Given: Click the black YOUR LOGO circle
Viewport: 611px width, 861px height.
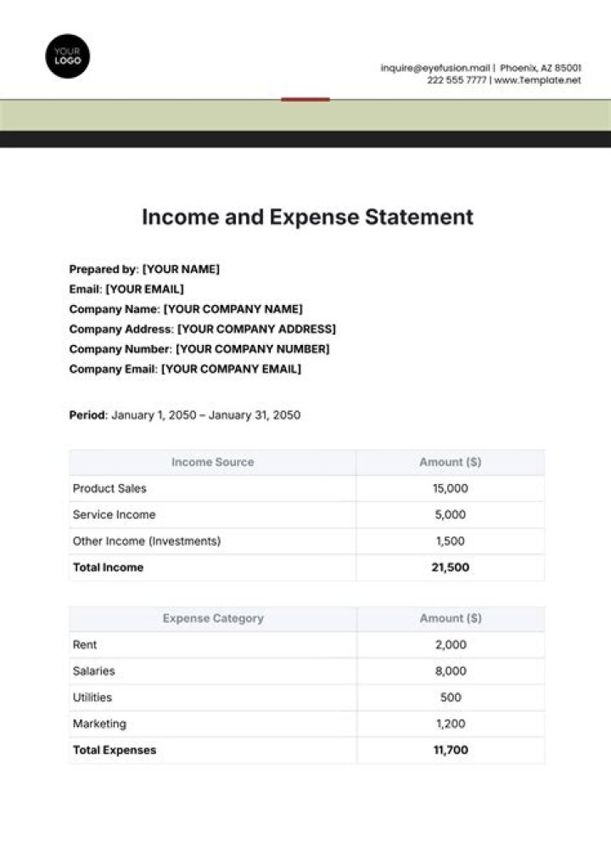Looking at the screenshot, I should point(68,56).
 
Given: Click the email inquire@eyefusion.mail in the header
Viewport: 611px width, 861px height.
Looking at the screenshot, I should point(434,68).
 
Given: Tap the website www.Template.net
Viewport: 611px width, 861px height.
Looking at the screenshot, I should point(537,81).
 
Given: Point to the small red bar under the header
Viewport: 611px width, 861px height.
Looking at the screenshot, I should point(305,99).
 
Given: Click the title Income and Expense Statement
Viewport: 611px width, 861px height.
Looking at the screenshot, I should point(307,217).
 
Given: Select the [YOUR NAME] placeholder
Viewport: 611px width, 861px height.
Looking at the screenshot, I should point(181,269).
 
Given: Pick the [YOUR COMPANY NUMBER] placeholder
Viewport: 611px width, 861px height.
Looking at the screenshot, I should point(253,349).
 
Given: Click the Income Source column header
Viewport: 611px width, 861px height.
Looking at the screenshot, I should point(212,462).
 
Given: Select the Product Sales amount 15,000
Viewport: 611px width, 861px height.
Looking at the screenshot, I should point(451,489).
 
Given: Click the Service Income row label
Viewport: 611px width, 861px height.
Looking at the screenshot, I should point(114,515).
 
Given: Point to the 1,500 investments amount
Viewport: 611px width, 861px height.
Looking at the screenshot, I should point(451,542).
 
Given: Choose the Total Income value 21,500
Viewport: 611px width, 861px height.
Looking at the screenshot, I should point(451,568).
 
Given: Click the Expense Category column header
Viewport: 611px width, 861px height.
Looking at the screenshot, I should point(212,619).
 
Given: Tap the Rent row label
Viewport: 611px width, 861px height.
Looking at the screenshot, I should point(85,645).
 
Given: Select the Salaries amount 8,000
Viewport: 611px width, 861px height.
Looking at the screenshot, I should point(451,671).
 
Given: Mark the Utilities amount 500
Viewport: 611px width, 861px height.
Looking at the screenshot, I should point(451,697).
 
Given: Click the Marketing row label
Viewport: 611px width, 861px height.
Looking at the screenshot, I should point(99,724).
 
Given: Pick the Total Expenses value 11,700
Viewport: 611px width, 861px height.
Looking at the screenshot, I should point(451,750).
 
